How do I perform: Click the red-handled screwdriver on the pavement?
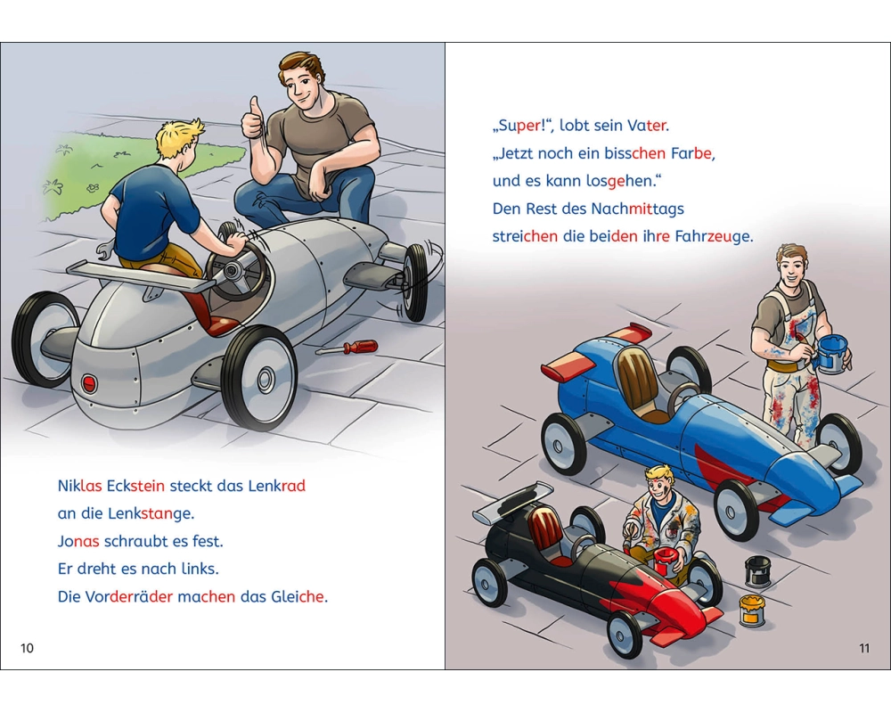(347, 347)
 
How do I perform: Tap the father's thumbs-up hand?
(254, 119)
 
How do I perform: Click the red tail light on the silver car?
(89, 382)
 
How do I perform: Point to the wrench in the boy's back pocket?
(105, 250)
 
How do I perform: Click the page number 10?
(27, 648)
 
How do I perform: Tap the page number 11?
(864, 648)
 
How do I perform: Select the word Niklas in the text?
(79, 486)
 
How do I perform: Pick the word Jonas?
(78, 541)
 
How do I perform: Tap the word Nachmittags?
(637, 209)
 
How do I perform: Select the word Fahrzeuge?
(713, 236)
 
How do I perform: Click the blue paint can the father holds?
(831, 354)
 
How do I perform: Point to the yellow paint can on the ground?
(752, 611)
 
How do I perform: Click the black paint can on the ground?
(757, 571)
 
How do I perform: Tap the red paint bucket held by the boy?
(666, 561)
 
